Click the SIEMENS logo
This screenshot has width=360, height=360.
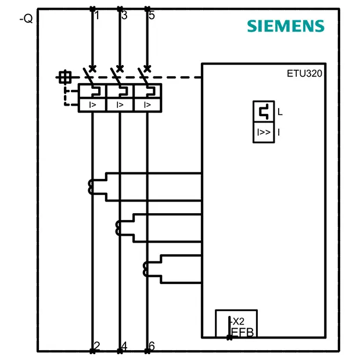tap(286, 26)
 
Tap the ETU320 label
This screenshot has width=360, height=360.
tap(304, 74)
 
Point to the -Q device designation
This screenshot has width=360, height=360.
tap(26, 19)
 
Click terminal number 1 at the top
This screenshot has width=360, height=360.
tap(97, 15)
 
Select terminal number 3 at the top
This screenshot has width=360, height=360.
tap(124, 15)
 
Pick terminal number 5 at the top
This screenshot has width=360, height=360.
tap(152, 15)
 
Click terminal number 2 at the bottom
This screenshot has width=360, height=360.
tap(97, 345)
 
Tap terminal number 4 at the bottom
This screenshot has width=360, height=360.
tap(124, 345)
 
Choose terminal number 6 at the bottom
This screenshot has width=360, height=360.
tap(152, 345)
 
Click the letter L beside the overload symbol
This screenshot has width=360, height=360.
tap(280, 112)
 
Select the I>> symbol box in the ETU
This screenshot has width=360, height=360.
tap(264, 132)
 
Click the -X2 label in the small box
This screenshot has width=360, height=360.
tap(238, 322)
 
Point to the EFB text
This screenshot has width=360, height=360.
tap(243, 332)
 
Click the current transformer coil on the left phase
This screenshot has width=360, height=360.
tap(91, 187)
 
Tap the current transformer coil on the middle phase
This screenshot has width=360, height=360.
tap(118, 228)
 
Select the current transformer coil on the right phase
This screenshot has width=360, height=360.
tap(146, 269)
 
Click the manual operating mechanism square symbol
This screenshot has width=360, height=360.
tap(65, 77)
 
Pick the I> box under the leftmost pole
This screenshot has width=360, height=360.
tap(92, 105)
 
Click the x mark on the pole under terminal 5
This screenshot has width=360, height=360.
tap(147, 69)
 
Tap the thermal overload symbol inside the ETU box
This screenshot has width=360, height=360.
tap(264, 111)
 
